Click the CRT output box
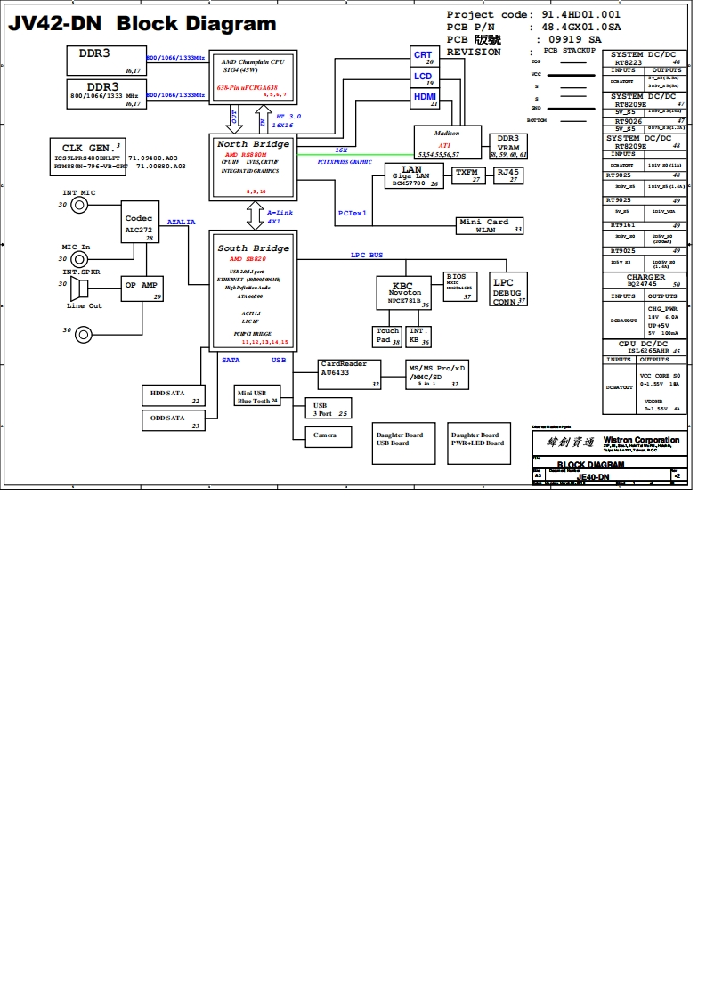click(423, 57)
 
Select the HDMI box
click(424, 98)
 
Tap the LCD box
click(423, 77)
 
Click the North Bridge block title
click(254, 144)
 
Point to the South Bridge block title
click(254, 248)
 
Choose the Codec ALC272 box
click(138, 223)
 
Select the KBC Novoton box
click(405, 293)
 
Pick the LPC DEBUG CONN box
click(507, 291)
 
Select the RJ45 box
click(508, 175)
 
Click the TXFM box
click(469, 175)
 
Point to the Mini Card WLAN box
click(490, 225)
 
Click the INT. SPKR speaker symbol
click(81, 288)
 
